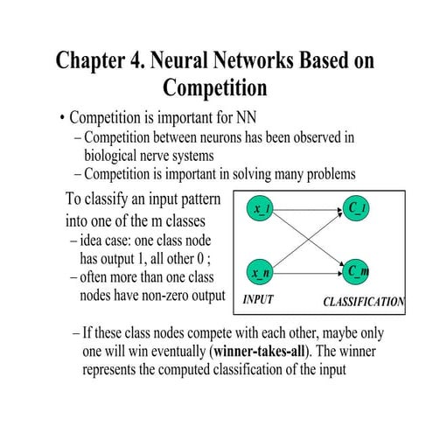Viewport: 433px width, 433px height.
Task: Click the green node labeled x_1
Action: (x=262, y=210)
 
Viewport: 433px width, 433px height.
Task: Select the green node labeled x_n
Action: (x=261, y=273)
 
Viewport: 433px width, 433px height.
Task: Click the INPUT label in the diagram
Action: (x=258, y=300)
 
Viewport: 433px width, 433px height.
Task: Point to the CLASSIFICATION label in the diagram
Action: (x=363, y=303)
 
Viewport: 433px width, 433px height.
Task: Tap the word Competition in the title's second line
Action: (x=215, y=88)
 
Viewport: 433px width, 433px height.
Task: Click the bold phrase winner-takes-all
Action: (x=262, y=352)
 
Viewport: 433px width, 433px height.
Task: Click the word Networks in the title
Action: (x=241, y=61)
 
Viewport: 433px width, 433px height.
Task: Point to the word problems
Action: (x=326, y=173)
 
